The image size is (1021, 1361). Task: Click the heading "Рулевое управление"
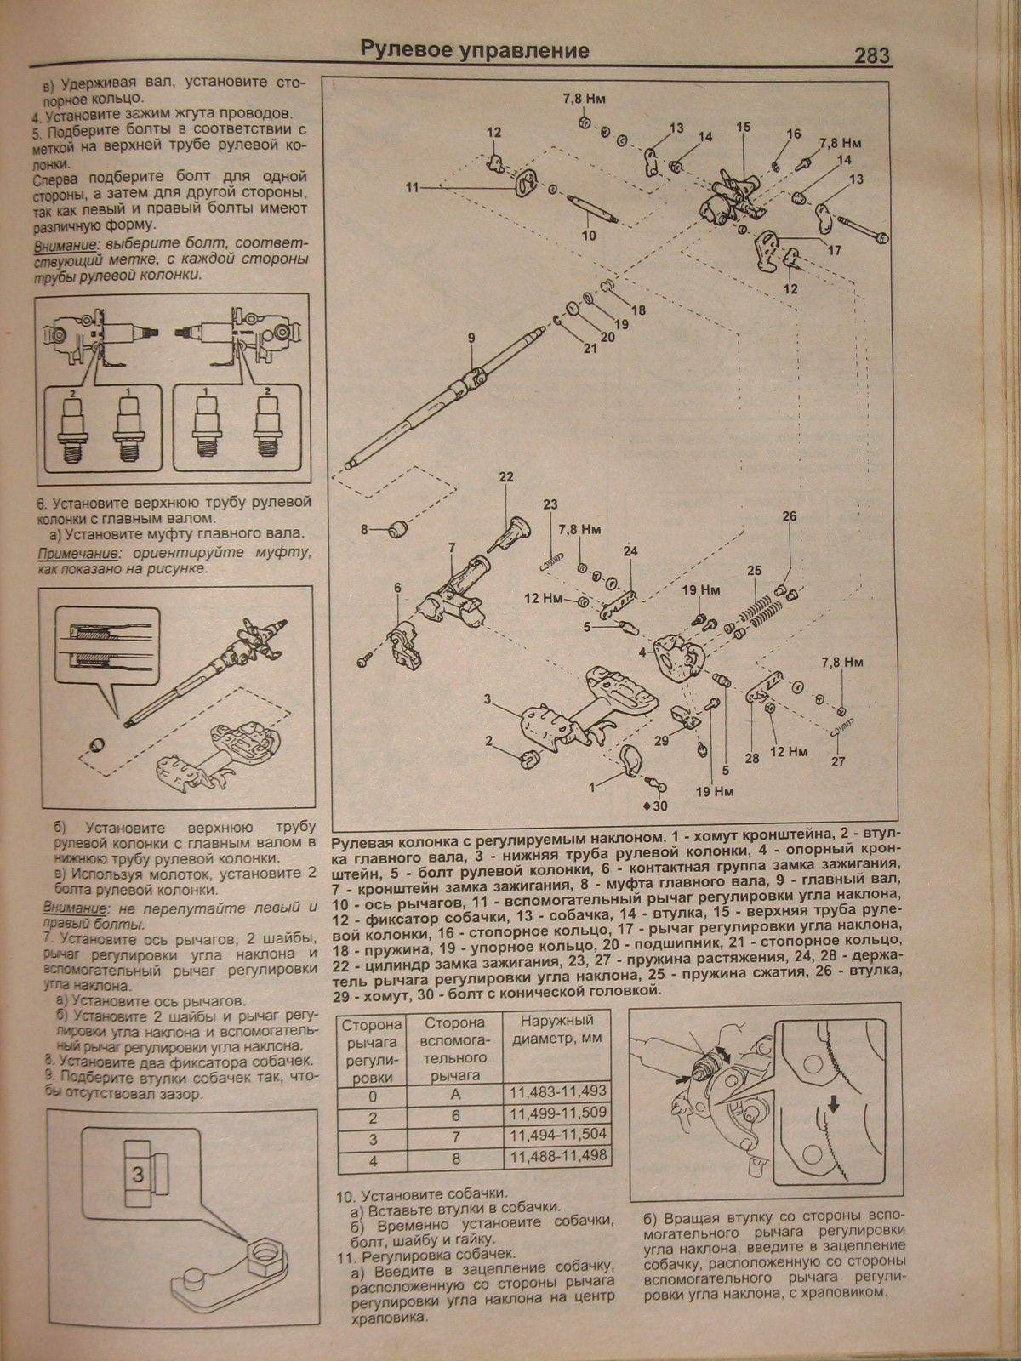pos(475,50)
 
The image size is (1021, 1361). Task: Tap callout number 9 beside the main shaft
pos(471,339)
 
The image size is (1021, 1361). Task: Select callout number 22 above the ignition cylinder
pos(506,477)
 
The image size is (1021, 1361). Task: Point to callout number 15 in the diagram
pos(744,128)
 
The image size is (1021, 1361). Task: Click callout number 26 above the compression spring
pos(789,516)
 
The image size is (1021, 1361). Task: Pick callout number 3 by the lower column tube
pos(488,699)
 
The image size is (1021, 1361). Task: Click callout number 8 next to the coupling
pos(364,529)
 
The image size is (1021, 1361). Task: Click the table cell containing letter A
pos(454,1091)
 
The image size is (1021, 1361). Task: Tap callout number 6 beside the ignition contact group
pos(396,587)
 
